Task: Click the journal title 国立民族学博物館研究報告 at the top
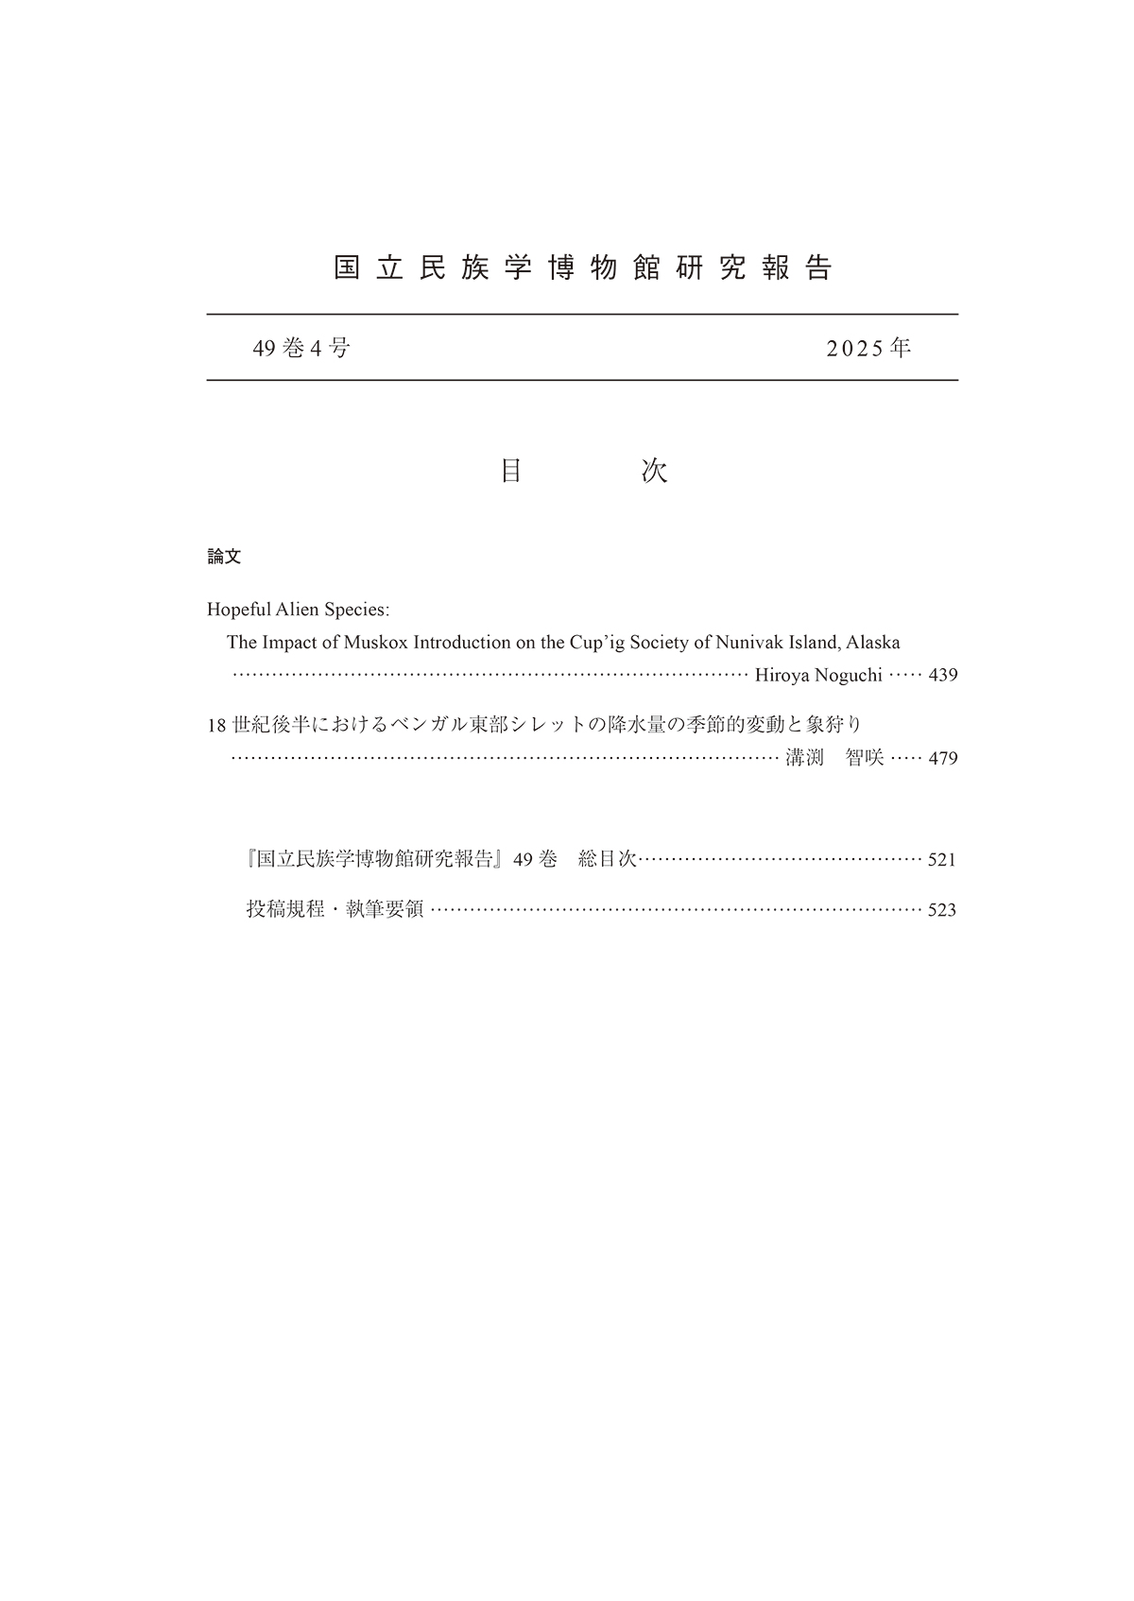(x=582, y=268)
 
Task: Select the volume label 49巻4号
(x=301, y=349)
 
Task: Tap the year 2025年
(x=868, y=349)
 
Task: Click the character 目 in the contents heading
(x=511, y=472)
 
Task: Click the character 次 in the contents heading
(x=654, y=472)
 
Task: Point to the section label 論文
(x=224, y=558)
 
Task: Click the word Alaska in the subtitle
(x=873, y=643)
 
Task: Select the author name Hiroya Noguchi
(x=818, y=676)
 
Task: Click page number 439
(x=943, y=676)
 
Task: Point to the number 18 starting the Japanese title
(x=216, y=726)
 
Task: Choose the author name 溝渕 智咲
(x=834, y=758)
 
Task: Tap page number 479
(x=943, y=758)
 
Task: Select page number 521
(x=942, y=860)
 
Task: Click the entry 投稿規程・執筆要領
(x=335, y=910)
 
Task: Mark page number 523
(x=942, y=911)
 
